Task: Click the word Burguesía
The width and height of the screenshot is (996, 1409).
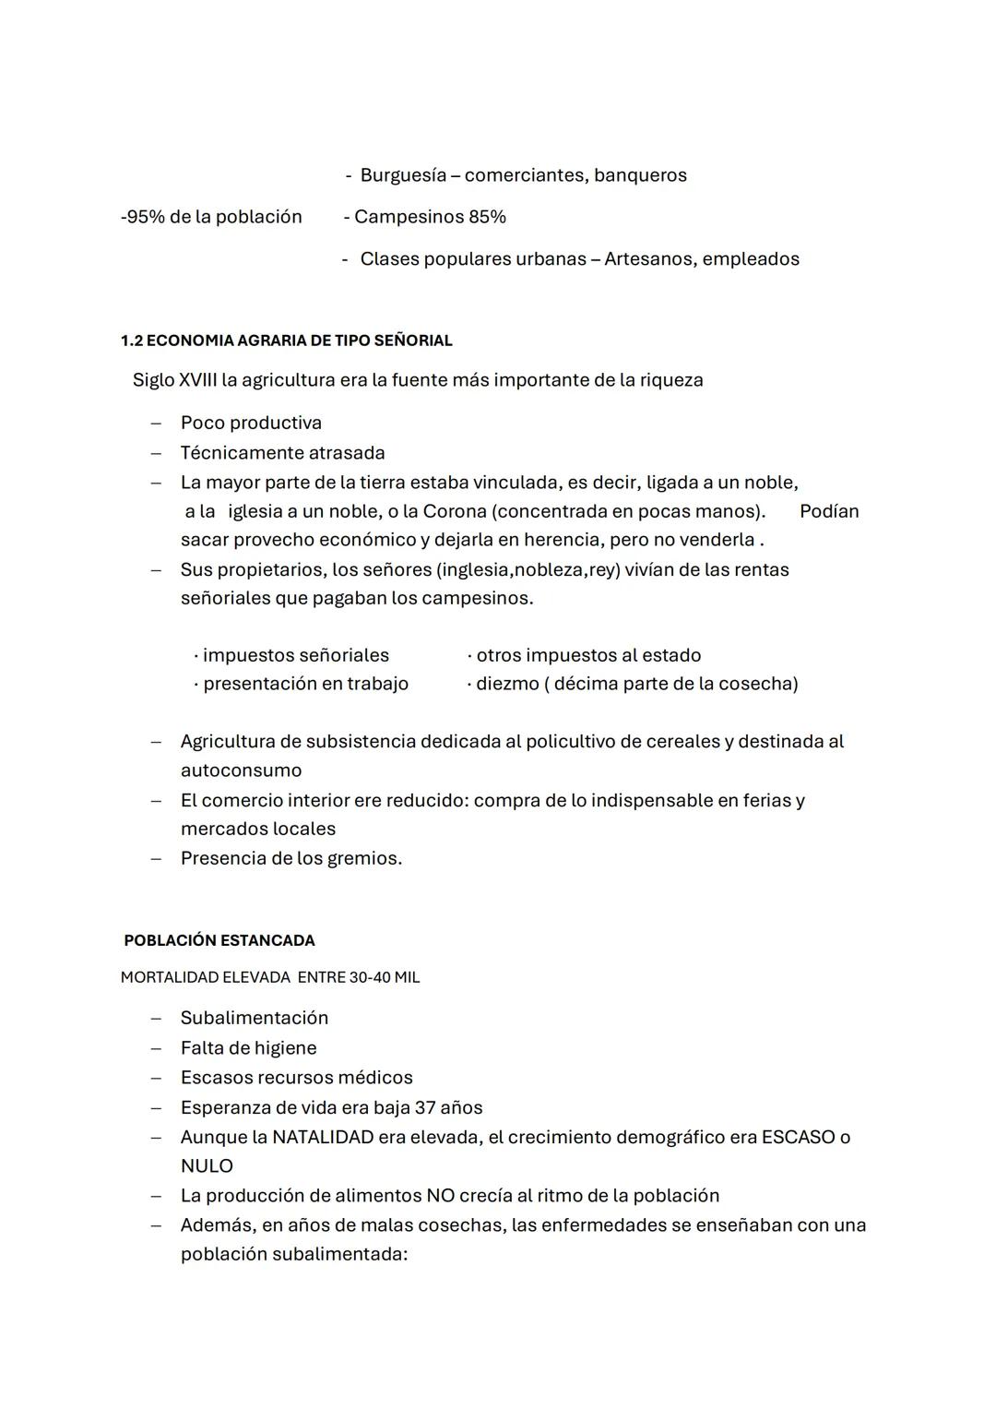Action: (x=403, y=175)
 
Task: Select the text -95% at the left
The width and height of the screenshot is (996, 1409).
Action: (x=142, y=217)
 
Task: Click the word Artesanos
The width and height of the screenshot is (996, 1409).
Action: (x=647, y=259)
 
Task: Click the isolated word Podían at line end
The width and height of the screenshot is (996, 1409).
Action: (x=828, y=511)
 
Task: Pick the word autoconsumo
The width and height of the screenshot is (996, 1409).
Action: (x=241, y=770)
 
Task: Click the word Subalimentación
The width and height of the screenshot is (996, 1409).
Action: (x=255, y=1019)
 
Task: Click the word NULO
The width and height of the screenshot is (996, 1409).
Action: (x=207, y=1166)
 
